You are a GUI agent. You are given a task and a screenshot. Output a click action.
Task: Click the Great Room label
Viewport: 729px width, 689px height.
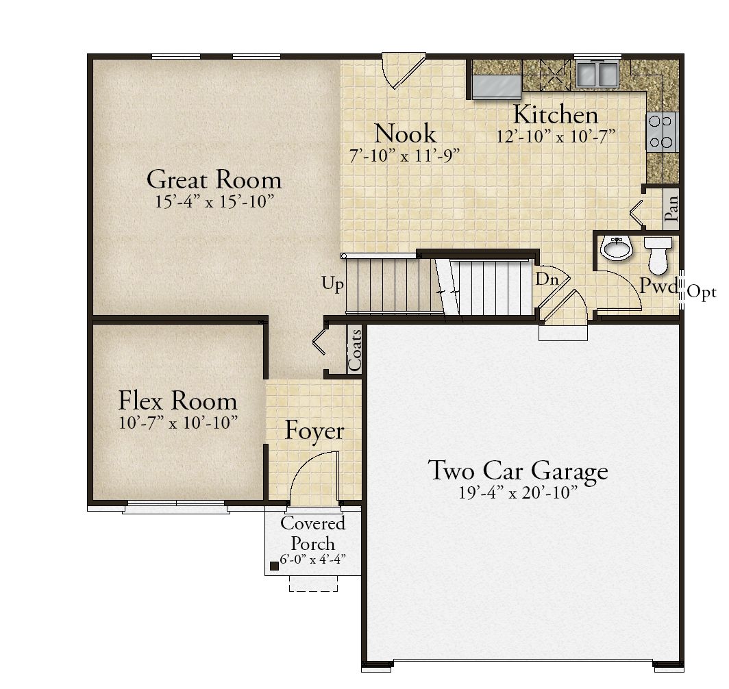pyautogui.click(x=214, y=180)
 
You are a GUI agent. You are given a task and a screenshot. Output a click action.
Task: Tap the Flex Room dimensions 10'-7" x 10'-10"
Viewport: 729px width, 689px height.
pyautogui.click(x=178, y=423)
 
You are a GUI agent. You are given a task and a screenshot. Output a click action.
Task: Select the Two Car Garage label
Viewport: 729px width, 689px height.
pyautogui.click(x=518, y=471)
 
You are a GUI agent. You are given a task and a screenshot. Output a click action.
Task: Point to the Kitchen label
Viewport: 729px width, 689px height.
pyautogui.click(x=556, y=115)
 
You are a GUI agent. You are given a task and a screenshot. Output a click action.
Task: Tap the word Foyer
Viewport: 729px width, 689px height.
pyautogui.click(x=314, y=431)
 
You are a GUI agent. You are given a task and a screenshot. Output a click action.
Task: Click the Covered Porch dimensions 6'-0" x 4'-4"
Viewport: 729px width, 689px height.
pyautogui.click(x=312, y=559)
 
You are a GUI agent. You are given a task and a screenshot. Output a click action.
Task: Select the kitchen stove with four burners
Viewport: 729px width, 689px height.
pyautogui.click(x=662, y=132)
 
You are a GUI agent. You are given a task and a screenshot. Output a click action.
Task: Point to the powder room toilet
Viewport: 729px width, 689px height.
pyautogui.click(x=658, y=255)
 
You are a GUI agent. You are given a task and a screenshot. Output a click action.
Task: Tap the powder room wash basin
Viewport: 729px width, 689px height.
pyautogui.click(x=617, y=248)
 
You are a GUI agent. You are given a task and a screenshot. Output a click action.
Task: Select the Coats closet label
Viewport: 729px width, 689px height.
pyautogui.click(x=355, y=350)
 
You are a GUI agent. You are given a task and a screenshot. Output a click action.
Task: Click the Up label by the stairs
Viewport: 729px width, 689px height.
pyautogui.click(x=333, y=284)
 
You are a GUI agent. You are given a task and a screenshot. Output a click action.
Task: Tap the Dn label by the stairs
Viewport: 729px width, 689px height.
pyautogui.click(x=547, y=279)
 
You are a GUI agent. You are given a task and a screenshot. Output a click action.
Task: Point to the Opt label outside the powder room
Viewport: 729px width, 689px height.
pyautogui.click(x=702, y=292)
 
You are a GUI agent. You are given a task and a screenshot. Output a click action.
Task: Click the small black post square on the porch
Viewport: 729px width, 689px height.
pyautogui.click(x=274, y=566)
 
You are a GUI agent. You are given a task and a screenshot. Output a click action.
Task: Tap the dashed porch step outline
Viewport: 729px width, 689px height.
pyautogui.click(x=313, y=584)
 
